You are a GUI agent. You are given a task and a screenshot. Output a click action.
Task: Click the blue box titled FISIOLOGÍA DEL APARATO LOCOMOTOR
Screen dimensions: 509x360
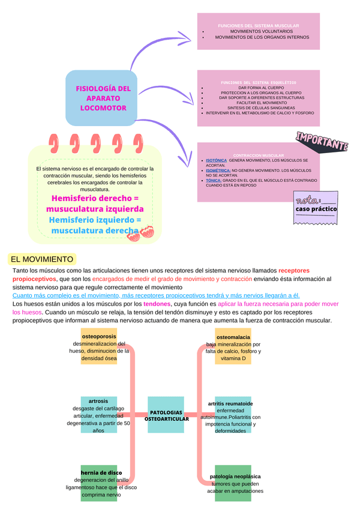coord(101,98)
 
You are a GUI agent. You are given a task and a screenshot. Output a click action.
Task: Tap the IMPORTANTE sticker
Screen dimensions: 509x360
coord(322,142)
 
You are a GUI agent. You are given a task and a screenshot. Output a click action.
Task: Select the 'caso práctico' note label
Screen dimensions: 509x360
coord(316,209)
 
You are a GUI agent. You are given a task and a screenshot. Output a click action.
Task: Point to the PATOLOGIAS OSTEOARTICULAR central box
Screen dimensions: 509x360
coord(166,415)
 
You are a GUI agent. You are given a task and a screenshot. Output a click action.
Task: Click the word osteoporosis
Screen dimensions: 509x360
coord(99,336)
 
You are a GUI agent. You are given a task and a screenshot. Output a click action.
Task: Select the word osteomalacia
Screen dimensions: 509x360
coord(233,337)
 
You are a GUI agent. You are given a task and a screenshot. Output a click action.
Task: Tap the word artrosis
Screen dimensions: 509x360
coord(98,400)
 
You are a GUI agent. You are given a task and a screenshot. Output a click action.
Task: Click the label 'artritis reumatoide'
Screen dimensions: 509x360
coord(230,403)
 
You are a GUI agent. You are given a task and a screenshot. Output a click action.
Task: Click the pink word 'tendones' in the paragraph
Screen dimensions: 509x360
coord(157,304)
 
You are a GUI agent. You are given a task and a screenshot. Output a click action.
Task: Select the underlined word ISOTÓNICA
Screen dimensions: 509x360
coord(216,161)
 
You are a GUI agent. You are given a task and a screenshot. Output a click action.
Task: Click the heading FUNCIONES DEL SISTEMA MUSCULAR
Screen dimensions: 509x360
coord(259,26)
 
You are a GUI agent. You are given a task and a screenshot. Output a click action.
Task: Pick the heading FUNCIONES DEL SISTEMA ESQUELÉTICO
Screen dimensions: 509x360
coord(259,82)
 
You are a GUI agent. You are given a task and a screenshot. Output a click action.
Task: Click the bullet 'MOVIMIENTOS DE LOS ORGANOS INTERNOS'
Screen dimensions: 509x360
coord(262,37)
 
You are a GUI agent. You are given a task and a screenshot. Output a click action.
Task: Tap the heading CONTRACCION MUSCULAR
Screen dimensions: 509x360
coord(258,155)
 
